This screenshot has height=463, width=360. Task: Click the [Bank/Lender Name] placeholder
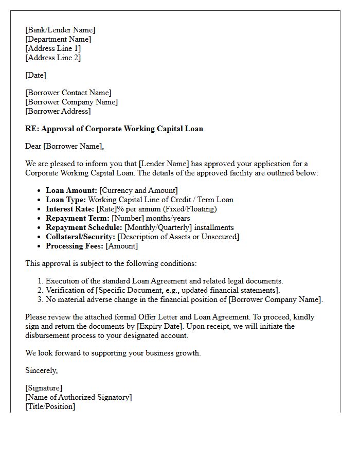coord(60,30)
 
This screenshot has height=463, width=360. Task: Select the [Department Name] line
coord(58,39)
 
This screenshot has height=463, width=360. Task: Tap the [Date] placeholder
coord(35,75)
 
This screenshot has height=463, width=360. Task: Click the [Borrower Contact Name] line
coord(68,93)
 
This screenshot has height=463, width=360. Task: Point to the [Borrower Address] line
coord(58,111)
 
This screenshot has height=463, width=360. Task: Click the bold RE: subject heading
coord(114,129)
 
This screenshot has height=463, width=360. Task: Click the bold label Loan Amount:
coord(71,190)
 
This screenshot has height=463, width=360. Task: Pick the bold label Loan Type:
coord(66,200)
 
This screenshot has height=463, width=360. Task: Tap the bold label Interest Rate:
coord(70,209)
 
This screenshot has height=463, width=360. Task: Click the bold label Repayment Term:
coord(78,218)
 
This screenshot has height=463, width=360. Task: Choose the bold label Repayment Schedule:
coord(84,227)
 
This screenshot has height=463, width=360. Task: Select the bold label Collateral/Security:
coord(81,237)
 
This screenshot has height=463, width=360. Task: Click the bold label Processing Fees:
coord(75,246)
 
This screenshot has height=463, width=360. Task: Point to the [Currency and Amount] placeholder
coord(139,190)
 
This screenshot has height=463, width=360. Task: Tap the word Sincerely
coord(42,370)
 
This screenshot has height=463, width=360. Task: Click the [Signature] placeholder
coord(44,388)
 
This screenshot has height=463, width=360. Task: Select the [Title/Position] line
coord(50,406)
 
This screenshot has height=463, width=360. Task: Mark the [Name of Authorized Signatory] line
coord(79,397)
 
